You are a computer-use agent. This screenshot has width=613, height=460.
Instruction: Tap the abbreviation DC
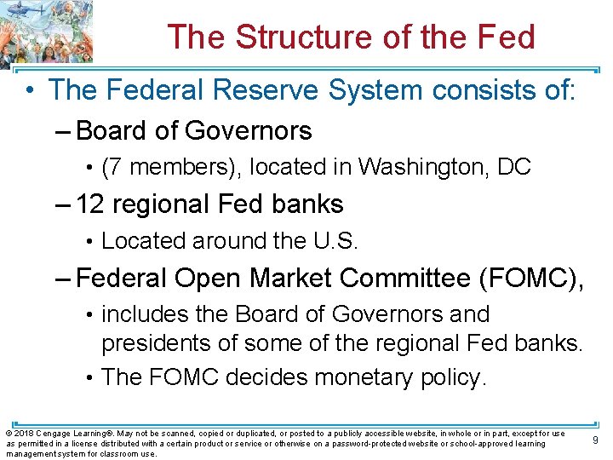[x=514, y=168]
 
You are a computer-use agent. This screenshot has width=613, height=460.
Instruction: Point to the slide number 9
[x=593, y=440]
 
